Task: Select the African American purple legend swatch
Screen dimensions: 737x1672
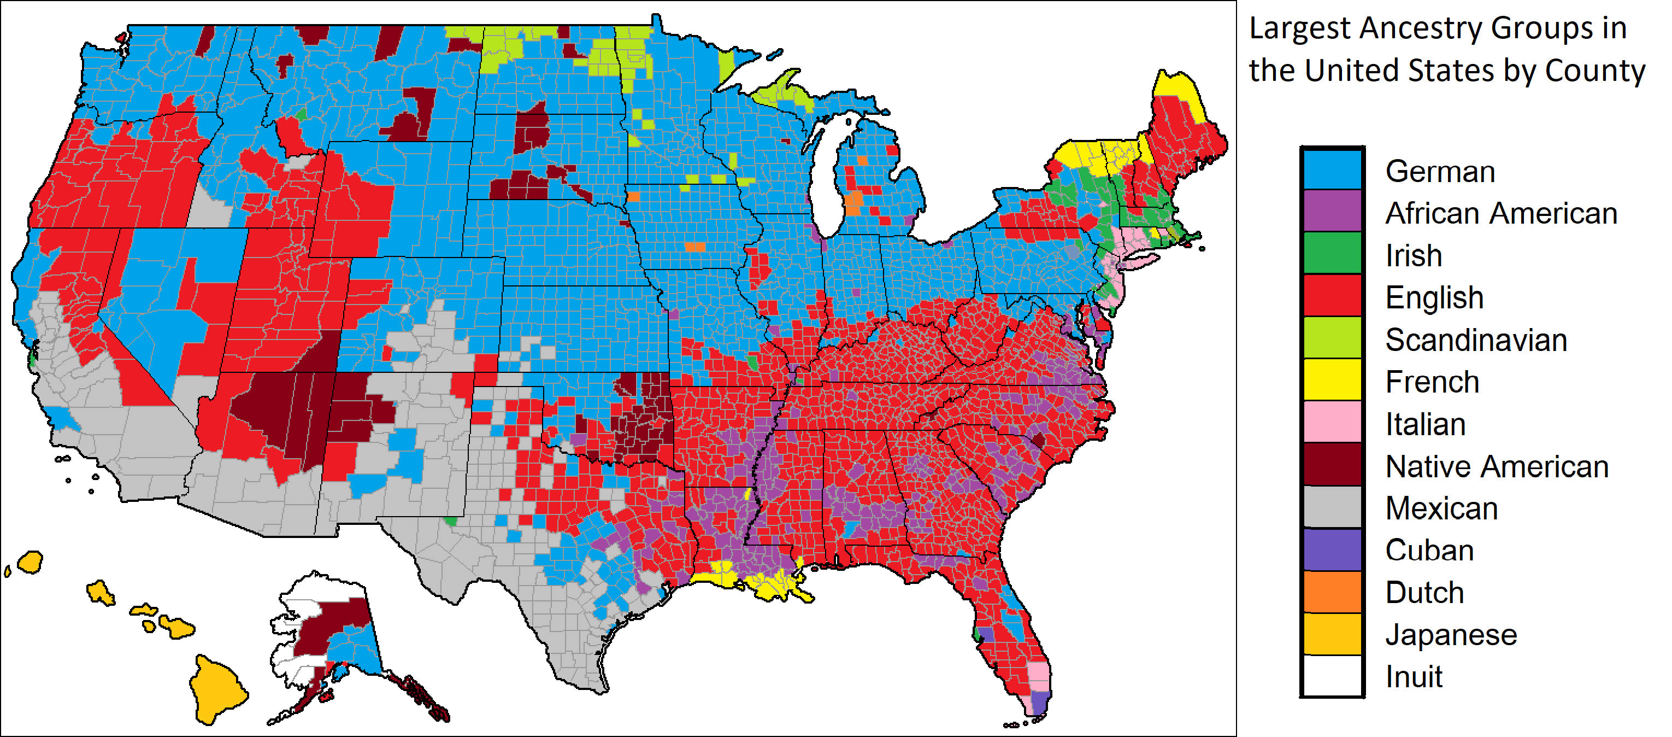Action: point(1332,212)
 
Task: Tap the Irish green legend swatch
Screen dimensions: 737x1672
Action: point(1332,254)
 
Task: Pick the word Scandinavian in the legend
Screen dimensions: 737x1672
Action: point(1476,340)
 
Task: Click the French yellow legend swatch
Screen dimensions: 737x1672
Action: point(1332,381)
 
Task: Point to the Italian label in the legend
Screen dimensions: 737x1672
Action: point(1426,424)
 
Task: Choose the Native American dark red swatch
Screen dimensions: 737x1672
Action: point(1332,465)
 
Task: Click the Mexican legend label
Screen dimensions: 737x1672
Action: point(1441,508)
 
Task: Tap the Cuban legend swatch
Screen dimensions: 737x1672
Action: point(1332,549)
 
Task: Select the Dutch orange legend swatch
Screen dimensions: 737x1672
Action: point(1332,592)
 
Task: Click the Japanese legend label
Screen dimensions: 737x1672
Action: point(1451,634)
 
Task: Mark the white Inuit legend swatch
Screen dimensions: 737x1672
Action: point(1332,676)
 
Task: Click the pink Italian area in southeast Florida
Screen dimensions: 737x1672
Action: point(1039,675)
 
